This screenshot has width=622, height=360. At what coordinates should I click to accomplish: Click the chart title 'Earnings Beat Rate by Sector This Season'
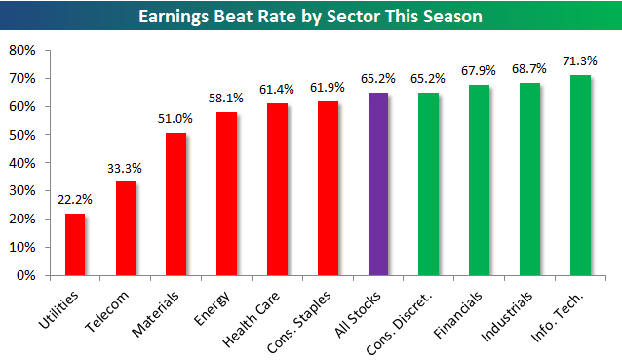coord(310,17)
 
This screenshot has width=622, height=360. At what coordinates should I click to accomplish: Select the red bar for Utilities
coord(75,245)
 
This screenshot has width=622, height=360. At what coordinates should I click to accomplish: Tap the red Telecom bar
coord(126,228)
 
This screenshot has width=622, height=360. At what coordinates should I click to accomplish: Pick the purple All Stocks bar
coord(378,184)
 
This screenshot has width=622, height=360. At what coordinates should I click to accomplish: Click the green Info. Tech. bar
coord(580,175)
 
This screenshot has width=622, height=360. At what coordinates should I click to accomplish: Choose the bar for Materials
coord(176,204)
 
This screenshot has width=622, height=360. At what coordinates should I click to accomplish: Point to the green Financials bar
coord(480,180)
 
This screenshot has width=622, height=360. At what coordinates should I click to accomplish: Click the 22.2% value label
coord(74,199)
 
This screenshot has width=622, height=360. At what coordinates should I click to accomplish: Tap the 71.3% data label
coord(579,61)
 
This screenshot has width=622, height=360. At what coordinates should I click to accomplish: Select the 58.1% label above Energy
coord(226,98)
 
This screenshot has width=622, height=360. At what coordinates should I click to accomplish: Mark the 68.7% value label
coord(529,69)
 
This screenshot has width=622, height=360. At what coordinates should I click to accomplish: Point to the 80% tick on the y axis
coord(22,50)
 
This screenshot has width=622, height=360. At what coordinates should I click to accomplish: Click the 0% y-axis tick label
coord(26,275)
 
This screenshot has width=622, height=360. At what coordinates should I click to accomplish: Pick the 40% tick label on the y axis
coord(22,163)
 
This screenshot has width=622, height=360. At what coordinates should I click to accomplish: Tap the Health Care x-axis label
coord(251,319)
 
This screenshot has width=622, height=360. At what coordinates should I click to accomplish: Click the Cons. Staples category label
coord(298,322)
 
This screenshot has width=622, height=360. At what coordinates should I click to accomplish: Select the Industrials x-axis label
coord(507,316)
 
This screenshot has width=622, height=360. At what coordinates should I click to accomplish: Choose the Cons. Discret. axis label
coord(399,324)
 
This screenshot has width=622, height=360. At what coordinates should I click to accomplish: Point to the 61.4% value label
coord(277,90)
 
